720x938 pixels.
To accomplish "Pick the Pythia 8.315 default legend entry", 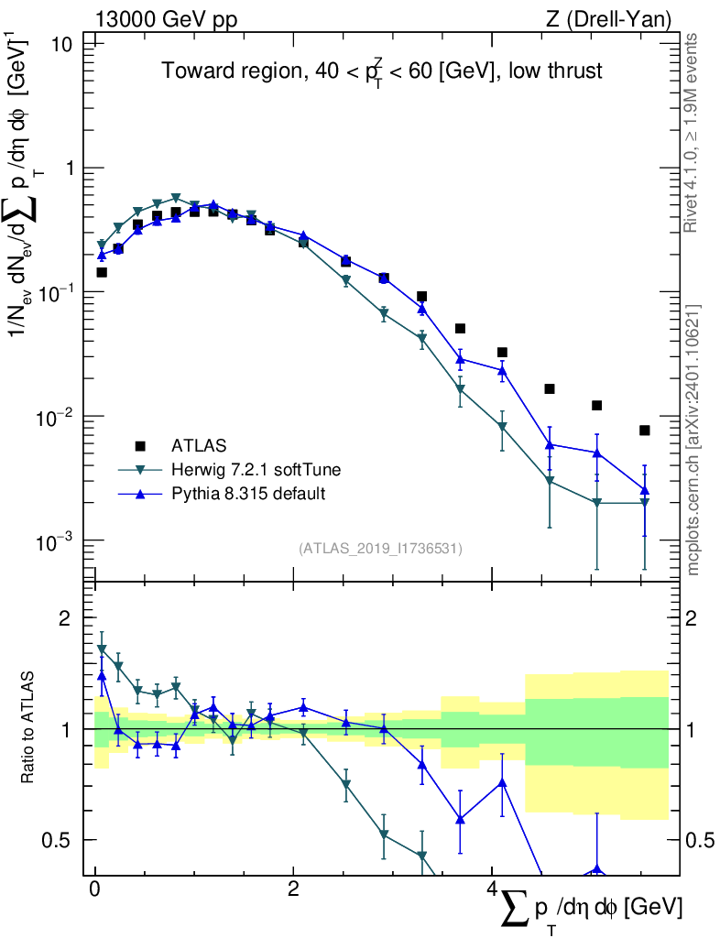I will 247,494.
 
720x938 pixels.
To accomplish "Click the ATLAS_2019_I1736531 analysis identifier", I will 380,549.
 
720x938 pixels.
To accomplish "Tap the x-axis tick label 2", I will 293,890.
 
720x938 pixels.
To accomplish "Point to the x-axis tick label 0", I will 95,890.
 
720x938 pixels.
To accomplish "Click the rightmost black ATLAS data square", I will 645,431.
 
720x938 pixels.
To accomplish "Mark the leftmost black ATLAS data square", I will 102,272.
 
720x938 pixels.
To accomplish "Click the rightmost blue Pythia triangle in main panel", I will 645,490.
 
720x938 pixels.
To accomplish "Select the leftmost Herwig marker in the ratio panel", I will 102,649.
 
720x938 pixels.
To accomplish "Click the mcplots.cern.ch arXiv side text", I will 693,440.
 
